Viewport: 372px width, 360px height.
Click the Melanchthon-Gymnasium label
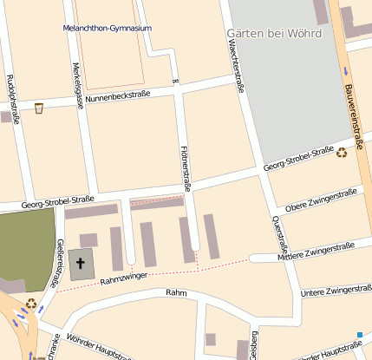(x=107, y=28)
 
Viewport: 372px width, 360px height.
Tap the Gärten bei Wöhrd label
(x=273, y=34)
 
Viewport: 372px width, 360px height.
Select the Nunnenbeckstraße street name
(x=118, y=97)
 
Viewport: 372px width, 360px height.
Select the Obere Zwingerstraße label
(x=322, y=200)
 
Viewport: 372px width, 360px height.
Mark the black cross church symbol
(x=83, y=263)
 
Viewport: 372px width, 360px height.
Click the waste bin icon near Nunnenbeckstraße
(x=38, y=108)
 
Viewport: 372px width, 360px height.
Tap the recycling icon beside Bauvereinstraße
(x=342, y=154)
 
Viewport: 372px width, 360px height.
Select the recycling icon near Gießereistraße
(x=31, y=304)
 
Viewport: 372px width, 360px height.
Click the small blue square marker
(x=359, y=334)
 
